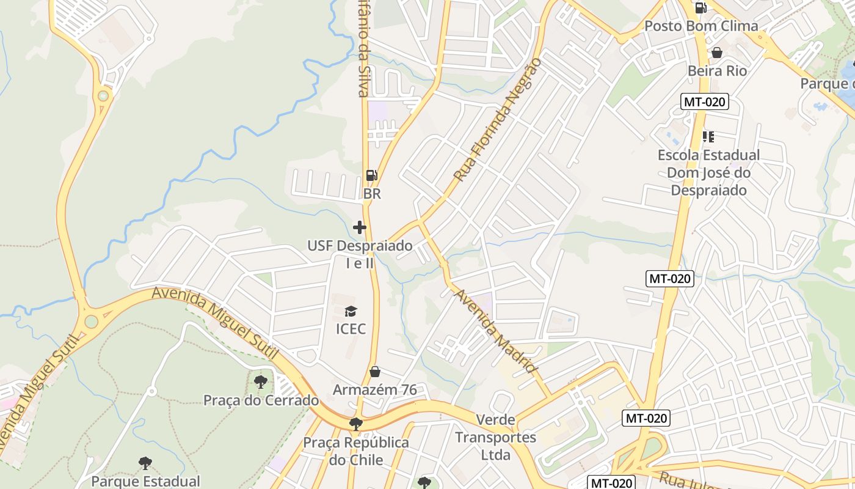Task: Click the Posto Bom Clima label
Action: coord(701,26)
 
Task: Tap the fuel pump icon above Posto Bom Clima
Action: coord(700,8)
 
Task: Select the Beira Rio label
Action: coord(717,71)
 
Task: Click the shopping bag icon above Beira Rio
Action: coord(717,53)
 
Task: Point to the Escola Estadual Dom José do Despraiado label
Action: coord(708,172)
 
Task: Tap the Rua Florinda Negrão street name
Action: coord(498,120)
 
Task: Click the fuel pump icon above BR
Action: coord(371,175)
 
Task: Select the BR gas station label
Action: coord(371,194)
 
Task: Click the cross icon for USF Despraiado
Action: coord(360,227)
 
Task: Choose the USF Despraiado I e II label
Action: coord(360,254)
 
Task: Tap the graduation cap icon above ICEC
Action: coord(351,312)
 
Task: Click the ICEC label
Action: coord(351,329)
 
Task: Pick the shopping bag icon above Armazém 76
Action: coord(375,372)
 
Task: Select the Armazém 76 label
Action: coord(375,389)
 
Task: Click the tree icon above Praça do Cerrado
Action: coord(261,383)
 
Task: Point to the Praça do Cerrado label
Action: coord(261,400)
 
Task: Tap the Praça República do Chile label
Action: coord(356,451)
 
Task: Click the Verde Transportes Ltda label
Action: coord(495,438)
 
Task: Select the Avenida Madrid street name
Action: coord(495,331)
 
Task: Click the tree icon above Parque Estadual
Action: coord(145,463)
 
